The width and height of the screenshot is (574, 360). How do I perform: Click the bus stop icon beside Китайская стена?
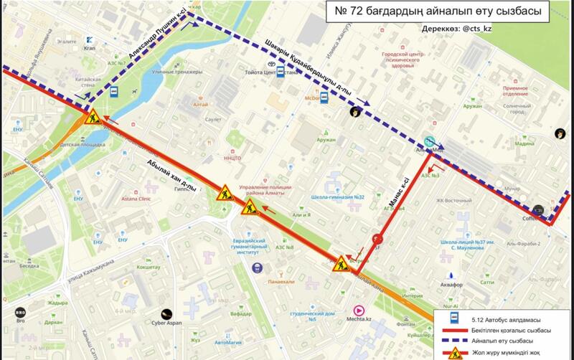pyautogui.click(x=113, y=91)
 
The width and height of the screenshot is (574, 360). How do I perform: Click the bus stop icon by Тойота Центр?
pyautogui.click(x=281, y=72)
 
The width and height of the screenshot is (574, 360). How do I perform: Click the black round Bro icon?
pyautogui.click(x=20, y=312)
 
